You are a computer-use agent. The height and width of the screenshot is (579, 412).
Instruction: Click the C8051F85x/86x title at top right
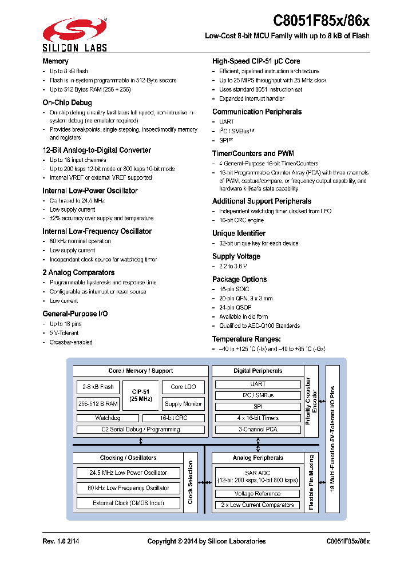321,21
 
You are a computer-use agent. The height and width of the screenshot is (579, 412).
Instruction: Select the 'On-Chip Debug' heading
67,103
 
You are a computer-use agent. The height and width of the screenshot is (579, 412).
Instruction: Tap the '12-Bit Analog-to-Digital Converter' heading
97,150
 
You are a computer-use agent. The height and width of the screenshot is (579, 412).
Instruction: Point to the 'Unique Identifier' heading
239,233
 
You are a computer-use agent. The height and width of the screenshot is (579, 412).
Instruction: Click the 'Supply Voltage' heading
236,256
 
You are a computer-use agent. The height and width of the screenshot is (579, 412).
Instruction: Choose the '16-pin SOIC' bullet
234,289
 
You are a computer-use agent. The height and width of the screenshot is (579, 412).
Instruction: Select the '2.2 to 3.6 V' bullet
233,266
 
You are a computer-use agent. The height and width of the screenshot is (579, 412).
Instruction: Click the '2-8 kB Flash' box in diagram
96,387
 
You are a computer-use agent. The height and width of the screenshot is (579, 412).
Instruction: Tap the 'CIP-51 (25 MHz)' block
140,395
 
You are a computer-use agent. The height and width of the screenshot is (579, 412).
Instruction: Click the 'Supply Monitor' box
183,403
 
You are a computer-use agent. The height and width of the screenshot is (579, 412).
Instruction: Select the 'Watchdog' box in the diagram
107,418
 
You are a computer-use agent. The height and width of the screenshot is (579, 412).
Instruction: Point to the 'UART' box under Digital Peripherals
257,384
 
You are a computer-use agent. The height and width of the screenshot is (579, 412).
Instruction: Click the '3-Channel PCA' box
257,429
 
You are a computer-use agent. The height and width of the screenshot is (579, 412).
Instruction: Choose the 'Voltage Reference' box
257,494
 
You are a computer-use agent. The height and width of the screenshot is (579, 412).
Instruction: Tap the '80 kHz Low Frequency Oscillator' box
128,488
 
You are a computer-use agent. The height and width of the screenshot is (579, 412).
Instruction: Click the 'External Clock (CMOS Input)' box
128,503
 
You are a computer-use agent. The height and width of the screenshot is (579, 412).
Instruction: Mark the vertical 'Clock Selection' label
191,482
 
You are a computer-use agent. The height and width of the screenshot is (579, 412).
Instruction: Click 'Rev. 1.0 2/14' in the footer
62,541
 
